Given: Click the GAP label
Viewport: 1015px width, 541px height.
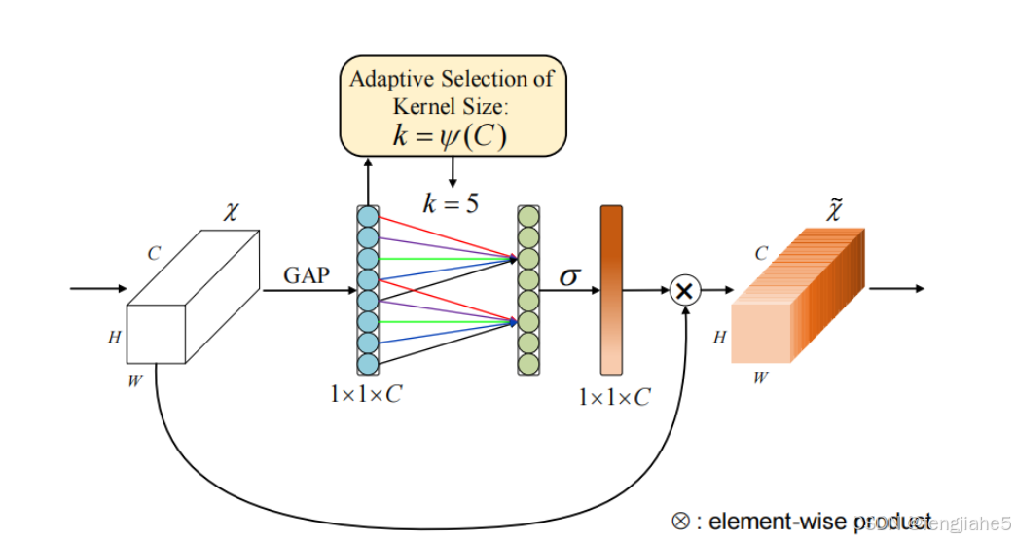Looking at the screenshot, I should tap(306, 275).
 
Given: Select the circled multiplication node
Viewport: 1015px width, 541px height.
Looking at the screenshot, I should tap(685, 290).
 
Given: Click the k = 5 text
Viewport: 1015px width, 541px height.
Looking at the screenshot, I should tap(450, 203).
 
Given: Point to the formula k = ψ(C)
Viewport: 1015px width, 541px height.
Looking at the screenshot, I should tap(450, 135).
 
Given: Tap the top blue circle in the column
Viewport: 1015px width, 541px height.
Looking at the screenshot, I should tap(367, 216).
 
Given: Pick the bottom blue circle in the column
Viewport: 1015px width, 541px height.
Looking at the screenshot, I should tap(367, 364).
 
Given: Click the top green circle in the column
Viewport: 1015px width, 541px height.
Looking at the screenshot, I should tap(528, 216).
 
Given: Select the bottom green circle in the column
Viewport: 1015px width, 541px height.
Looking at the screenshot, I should tap(528, 364).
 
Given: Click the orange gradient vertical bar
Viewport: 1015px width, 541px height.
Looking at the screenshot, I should tap(611, 290).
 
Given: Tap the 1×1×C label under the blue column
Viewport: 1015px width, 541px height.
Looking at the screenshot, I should tap(366, 396).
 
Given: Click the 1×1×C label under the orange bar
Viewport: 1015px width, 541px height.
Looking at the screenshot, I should tap(614, 397).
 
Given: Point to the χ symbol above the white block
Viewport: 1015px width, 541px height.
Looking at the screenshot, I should tap(231, 212).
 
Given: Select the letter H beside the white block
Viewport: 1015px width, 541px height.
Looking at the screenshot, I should tap(115, 339).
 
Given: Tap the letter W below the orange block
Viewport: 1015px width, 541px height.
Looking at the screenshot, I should tap(759, 377).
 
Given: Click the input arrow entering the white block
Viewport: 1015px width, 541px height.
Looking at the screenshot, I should tap(98, 289).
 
